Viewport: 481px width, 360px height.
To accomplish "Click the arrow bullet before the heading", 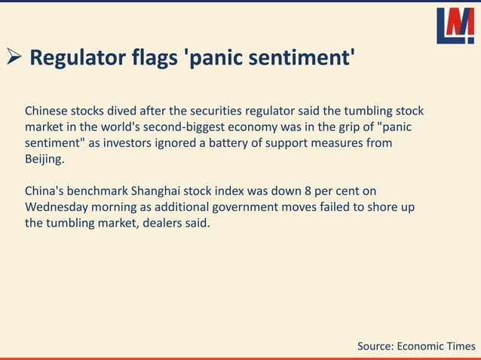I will (15, 58).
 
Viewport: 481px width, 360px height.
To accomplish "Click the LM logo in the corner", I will (455, 26).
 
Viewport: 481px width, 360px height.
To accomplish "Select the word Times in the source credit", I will (459, 346).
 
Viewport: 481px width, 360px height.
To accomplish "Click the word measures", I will (332, 142).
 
